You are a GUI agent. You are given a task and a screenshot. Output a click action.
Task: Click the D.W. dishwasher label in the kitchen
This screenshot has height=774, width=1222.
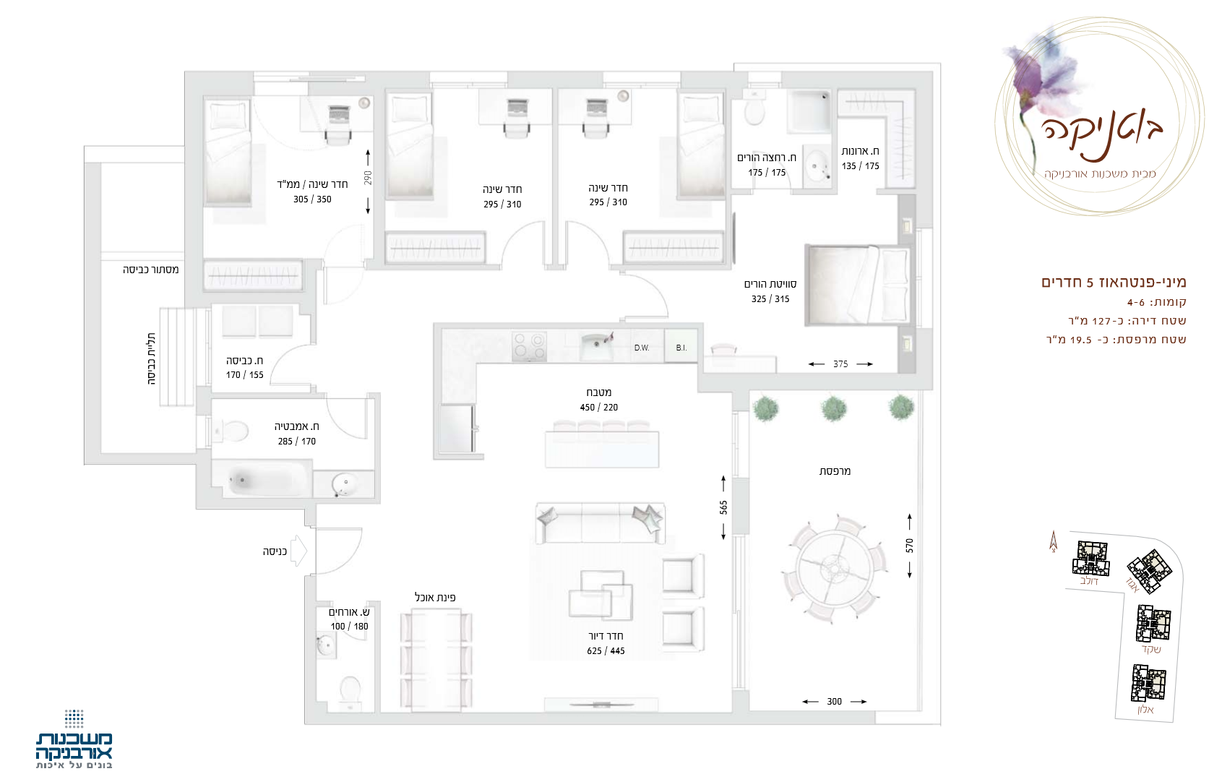[x=642, y=348]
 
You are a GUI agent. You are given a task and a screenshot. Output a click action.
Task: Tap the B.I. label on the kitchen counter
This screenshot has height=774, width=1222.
[x=681, y=348]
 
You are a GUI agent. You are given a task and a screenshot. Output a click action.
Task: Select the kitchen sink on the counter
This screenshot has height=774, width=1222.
[x=597, y=345]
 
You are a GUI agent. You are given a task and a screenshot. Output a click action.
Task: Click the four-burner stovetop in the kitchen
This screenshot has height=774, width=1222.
[x=529, y=346]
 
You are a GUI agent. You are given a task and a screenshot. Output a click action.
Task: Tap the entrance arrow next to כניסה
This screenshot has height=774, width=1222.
[x=299, y=551]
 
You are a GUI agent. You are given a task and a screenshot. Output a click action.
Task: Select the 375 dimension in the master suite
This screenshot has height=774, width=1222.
[x=840, y=364]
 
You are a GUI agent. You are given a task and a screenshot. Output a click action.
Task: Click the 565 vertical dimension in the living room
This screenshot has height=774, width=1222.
[x=723, y=507]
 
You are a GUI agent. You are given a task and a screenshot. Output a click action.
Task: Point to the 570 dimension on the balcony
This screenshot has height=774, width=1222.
[x=909, y=546]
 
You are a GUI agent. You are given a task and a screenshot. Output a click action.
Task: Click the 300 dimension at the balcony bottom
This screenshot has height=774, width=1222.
[x=834, y=702]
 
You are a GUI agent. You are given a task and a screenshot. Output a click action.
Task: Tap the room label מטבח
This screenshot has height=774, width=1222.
[x=598, y=392]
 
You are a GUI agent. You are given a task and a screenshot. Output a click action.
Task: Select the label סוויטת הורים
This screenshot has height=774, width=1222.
[x=770, y=283]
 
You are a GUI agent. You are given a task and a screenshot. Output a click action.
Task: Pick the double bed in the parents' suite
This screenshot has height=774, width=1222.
[x=858, y=285]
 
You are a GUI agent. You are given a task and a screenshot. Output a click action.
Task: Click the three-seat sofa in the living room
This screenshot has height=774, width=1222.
[x=600, y=523]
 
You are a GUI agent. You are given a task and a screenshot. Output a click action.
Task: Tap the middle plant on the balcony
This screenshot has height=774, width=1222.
[x=834, y=408]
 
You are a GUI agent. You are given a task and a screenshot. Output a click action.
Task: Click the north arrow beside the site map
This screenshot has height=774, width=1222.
[x=1054, y=541]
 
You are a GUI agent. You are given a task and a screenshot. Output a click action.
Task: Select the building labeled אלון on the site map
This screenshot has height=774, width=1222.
[x=1148, y=682]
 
